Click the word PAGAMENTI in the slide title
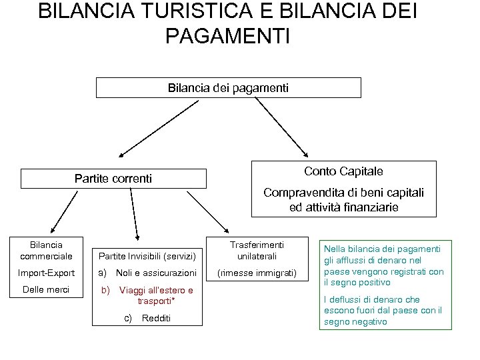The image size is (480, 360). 227,35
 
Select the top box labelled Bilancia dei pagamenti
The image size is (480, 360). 229,87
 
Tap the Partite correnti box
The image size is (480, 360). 113,179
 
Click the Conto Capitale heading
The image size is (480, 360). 343,171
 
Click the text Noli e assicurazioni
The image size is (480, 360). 156,273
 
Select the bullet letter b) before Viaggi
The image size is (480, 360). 105,290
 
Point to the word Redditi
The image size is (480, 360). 156,318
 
